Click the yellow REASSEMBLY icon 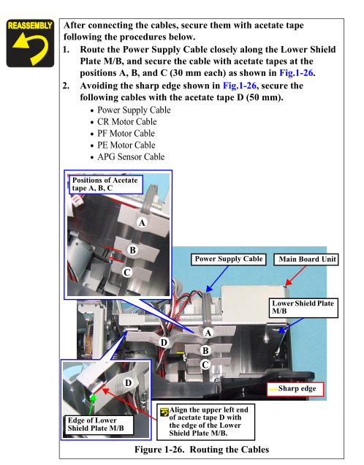tap(30, 43)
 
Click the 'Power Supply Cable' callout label tap(229, 259)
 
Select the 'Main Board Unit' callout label tap(306, 260)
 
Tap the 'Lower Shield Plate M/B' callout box tap(303, 308)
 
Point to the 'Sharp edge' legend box tap(295, 389)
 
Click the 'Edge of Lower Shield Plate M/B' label tap(99, 424)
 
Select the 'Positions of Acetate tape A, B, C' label tap(106, 184)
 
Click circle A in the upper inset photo tap(142, 223)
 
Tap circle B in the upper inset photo tap(132, 250)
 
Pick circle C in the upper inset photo tap(127, 272)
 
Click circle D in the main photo tap(164, 342)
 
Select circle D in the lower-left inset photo tap(128, 383)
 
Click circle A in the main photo tap(208, 333)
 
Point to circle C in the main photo tap(205, 364)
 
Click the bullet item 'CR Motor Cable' tap(127, 121)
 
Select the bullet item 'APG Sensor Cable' tap(131, 156)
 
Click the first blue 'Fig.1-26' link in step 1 tap(296, 73)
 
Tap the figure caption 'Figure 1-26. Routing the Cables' tap(202, 450)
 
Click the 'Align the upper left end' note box tap(205, 422)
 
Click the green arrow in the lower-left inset tap(92, 405)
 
